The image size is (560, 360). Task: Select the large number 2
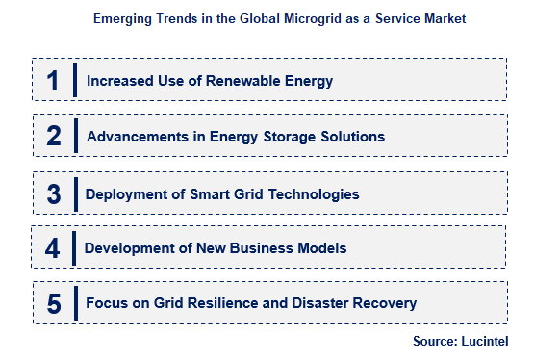[54, 137]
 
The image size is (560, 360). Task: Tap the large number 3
[54, 193]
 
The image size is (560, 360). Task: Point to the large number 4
[53, 249]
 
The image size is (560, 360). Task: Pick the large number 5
[54, 304]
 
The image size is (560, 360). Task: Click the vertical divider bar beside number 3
[75, 193]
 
